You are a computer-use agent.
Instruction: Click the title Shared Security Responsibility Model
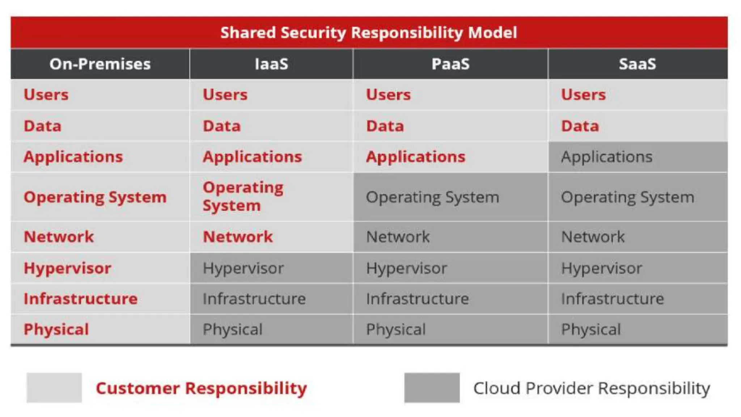(369, 33)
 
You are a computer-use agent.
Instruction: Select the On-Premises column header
(100, 64)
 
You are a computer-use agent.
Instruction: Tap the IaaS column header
(271, 64)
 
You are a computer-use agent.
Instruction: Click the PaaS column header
(450, 64)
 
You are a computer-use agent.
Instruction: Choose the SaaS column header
(637, 64)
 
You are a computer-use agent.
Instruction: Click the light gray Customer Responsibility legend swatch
(54, 388)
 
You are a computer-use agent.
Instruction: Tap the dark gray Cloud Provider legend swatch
(432, 388)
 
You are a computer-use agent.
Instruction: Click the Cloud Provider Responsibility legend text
(592, 388)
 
